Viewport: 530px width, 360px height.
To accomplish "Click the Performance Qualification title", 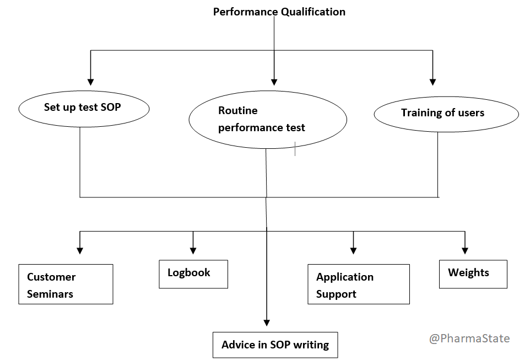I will (279, 12).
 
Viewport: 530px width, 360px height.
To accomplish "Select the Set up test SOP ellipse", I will (84, 108).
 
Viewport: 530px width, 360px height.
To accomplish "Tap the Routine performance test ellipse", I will (268, 120).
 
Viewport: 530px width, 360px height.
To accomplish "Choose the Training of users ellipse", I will (446, 114).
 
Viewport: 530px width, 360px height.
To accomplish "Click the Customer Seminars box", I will (66, 284).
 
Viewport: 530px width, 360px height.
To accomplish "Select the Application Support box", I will (359, 284).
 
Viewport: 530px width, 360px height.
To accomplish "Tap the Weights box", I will (473, 273).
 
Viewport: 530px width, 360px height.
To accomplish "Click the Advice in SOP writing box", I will (275, 345).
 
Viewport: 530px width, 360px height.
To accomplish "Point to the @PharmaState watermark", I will (469, 338).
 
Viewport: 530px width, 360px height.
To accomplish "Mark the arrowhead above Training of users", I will (432, 81).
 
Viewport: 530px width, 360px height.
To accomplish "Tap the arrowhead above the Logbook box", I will (193, 250).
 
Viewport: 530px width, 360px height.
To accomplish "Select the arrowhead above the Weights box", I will (465, 250).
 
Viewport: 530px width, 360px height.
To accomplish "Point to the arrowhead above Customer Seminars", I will (80, 250).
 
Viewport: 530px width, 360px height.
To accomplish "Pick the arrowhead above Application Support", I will (353, 250).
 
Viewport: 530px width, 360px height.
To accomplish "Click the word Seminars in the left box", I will (50, 294).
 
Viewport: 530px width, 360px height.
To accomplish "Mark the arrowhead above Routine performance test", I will (274, 81).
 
